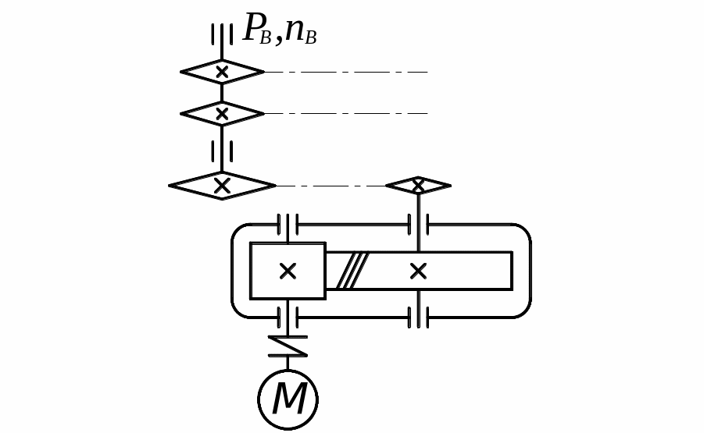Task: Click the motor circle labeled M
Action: (x=288, y=399)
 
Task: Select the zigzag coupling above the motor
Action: (x=288, y=346)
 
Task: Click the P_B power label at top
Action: (x=257, y=30)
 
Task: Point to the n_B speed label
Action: (x=301, y=30)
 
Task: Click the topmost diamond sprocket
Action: (x=222, y=72)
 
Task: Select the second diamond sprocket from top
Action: (x=222, y=114)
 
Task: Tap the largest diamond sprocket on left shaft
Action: (x=222, y=186)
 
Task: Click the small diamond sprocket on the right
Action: (x=418, y=186)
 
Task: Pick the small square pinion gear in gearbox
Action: (x=288, y=271)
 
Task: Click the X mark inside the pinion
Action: (x=288, y=271)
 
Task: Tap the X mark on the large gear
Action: (x=418, y=271)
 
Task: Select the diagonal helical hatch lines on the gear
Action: (x=352, y=271)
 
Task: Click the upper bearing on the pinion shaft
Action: (x=288, y=225)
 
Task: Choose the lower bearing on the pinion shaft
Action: (x=288, y=318)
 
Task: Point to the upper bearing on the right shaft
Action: (x=418, y=225)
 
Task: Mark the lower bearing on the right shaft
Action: (x=418, y=318)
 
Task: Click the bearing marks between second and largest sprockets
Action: (x=222, y=151)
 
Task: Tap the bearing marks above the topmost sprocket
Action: (x=222, y=35)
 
